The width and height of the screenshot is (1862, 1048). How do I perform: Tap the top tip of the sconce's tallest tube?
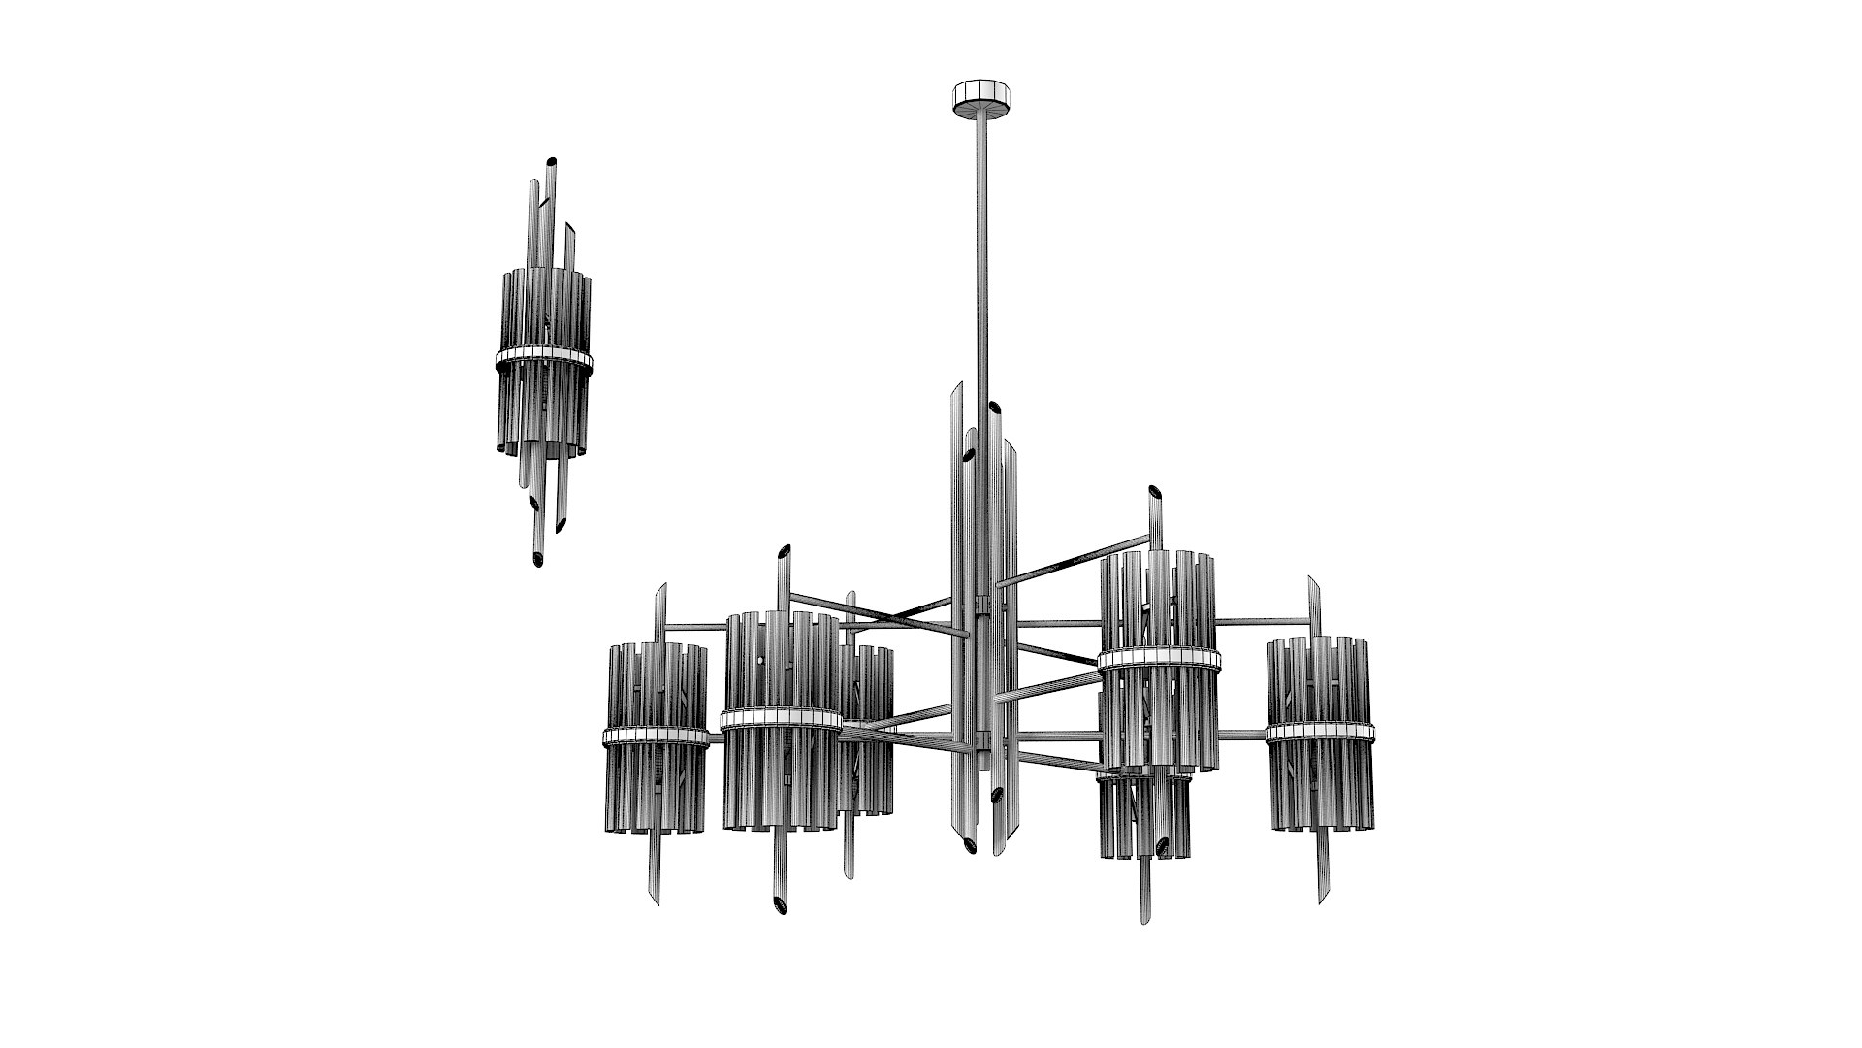pyautogui.click(x=551, y=162)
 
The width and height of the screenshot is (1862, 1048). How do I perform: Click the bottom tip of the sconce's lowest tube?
pyautogui.click(x=538, y=560)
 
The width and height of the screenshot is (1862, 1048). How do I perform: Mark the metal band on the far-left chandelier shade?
pyautogui.click(x=656, y=735)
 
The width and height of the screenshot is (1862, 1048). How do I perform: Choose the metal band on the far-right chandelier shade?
pyautogui.click(x=1320, y=733)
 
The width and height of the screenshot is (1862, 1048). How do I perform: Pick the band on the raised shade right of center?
pyautogui.click(x=1159, y=660)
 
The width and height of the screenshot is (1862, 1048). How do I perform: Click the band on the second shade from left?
pyautogui.click(x=780, y=718)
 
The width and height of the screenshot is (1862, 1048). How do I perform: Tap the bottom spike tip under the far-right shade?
pyautogui.click(x=1322, y=899)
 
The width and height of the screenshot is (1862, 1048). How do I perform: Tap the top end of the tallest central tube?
pyautogui.click(x=957, y=386)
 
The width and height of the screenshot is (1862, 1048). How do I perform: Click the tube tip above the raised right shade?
pyautogui.click(x=1155, y=491)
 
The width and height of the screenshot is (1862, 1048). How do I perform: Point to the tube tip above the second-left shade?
pyautogui.click(x=783, y=552)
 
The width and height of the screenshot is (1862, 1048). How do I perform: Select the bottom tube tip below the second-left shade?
pyautogui.click(x=777, y=906)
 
